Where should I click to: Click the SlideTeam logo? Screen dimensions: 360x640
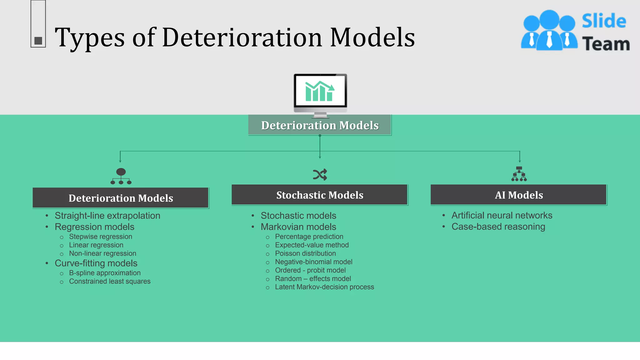(575, 31)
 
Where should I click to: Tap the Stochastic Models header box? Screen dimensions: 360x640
(320, 195)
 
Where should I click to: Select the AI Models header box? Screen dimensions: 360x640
(519, 195)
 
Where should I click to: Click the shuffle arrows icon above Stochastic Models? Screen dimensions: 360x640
(320, 175)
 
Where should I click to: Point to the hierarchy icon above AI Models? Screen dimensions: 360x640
(519, 174)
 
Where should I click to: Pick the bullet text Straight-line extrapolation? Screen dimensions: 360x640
(107, 216)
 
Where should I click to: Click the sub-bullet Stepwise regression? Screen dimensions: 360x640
(100, 237)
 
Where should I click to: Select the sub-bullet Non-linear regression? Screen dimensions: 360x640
(102, 253)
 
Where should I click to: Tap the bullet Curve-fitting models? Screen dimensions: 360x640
(96, 263)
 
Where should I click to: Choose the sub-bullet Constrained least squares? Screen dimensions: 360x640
(110, 281)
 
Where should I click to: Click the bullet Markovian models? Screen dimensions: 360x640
(298, 227)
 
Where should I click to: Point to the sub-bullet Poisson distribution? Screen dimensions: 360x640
(305, 253)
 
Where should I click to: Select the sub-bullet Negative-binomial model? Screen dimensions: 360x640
(313, 262)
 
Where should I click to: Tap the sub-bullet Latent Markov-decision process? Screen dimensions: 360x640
(324, 287)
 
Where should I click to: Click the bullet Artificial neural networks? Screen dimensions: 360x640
(502, 215)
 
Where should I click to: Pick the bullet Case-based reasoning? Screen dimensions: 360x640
(498, 227)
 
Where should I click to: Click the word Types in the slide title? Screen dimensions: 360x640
(90, 37)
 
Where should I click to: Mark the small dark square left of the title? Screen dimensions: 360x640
(38, 41)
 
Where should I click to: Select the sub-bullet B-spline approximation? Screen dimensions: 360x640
(105, 273)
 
